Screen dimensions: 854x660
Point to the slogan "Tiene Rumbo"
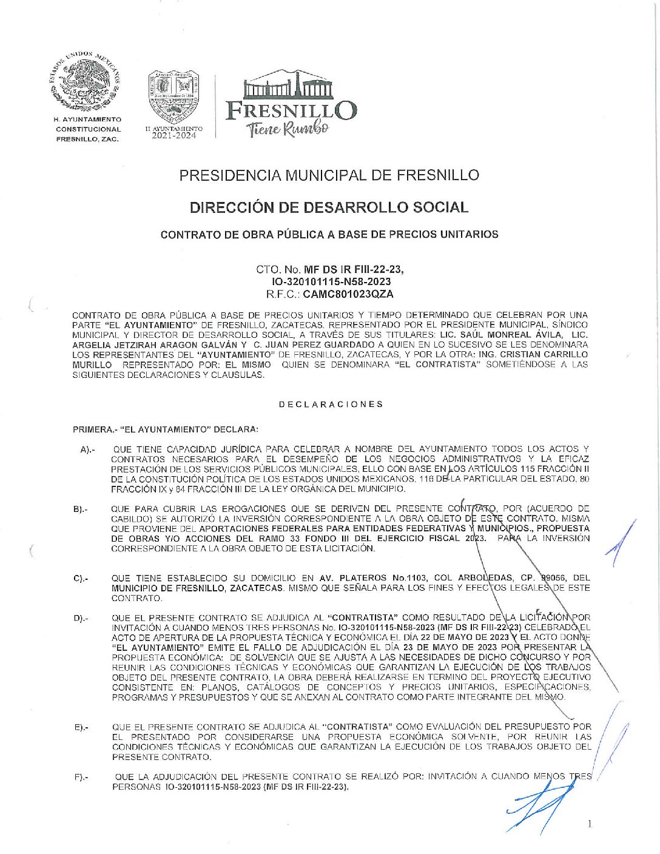coord(288,129)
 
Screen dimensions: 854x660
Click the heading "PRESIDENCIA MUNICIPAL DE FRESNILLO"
coord(329,175)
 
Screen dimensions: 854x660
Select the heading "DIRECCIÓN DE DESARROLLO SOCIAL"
coord(329,207)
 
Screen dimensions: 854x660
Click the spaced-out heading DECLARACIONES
coord(331,404)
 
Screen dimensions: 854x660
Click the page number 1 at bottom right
coord(590,823)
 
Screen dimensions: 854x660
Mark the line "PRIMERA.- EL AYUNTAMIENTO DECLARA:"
coord(166,429)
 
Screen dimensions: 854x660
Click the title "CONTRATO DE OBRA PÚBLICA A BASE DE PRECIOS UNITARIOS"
coord(329,234)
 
